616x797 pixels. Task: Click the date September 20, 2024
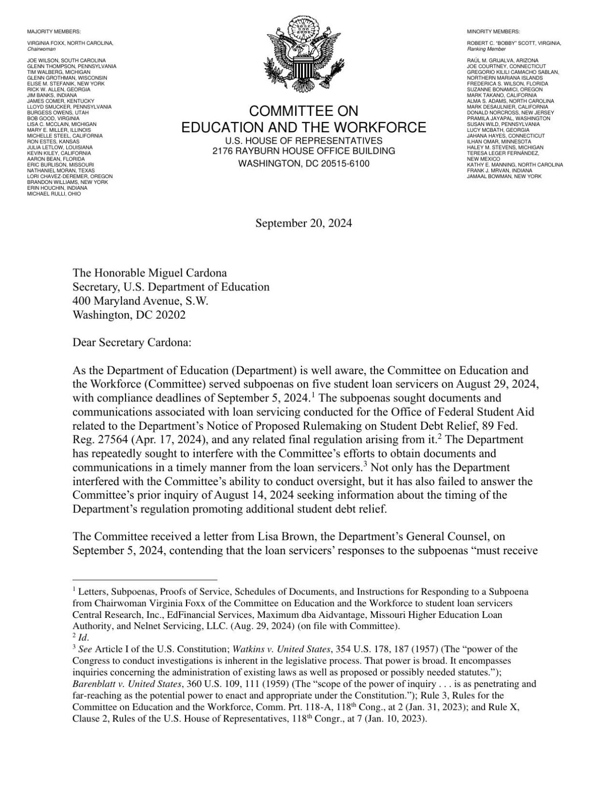coord(303,223)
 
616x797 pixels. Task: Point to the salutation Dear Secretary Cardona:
coord(132,343)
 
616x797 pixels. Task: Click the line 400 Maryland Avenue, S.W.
coord(140,301)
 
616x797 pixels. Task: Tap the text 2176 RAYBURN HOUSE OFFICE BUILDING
coord(303,151)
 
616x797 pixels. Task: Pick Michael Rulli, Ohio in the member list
coord(54,194)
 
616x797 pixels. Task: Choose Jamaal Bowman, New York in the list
coord(504,176)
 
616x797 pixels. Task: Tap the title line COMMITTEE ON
coord(303,111)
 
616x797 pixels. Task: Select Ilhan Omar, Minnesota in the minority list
coord(499,142)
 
